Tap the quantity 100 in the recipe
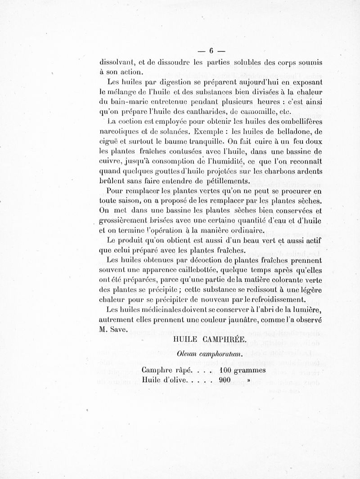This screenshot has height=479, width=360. [227, 371]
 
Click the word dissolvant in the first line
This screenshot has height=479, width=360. [118, 61]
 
